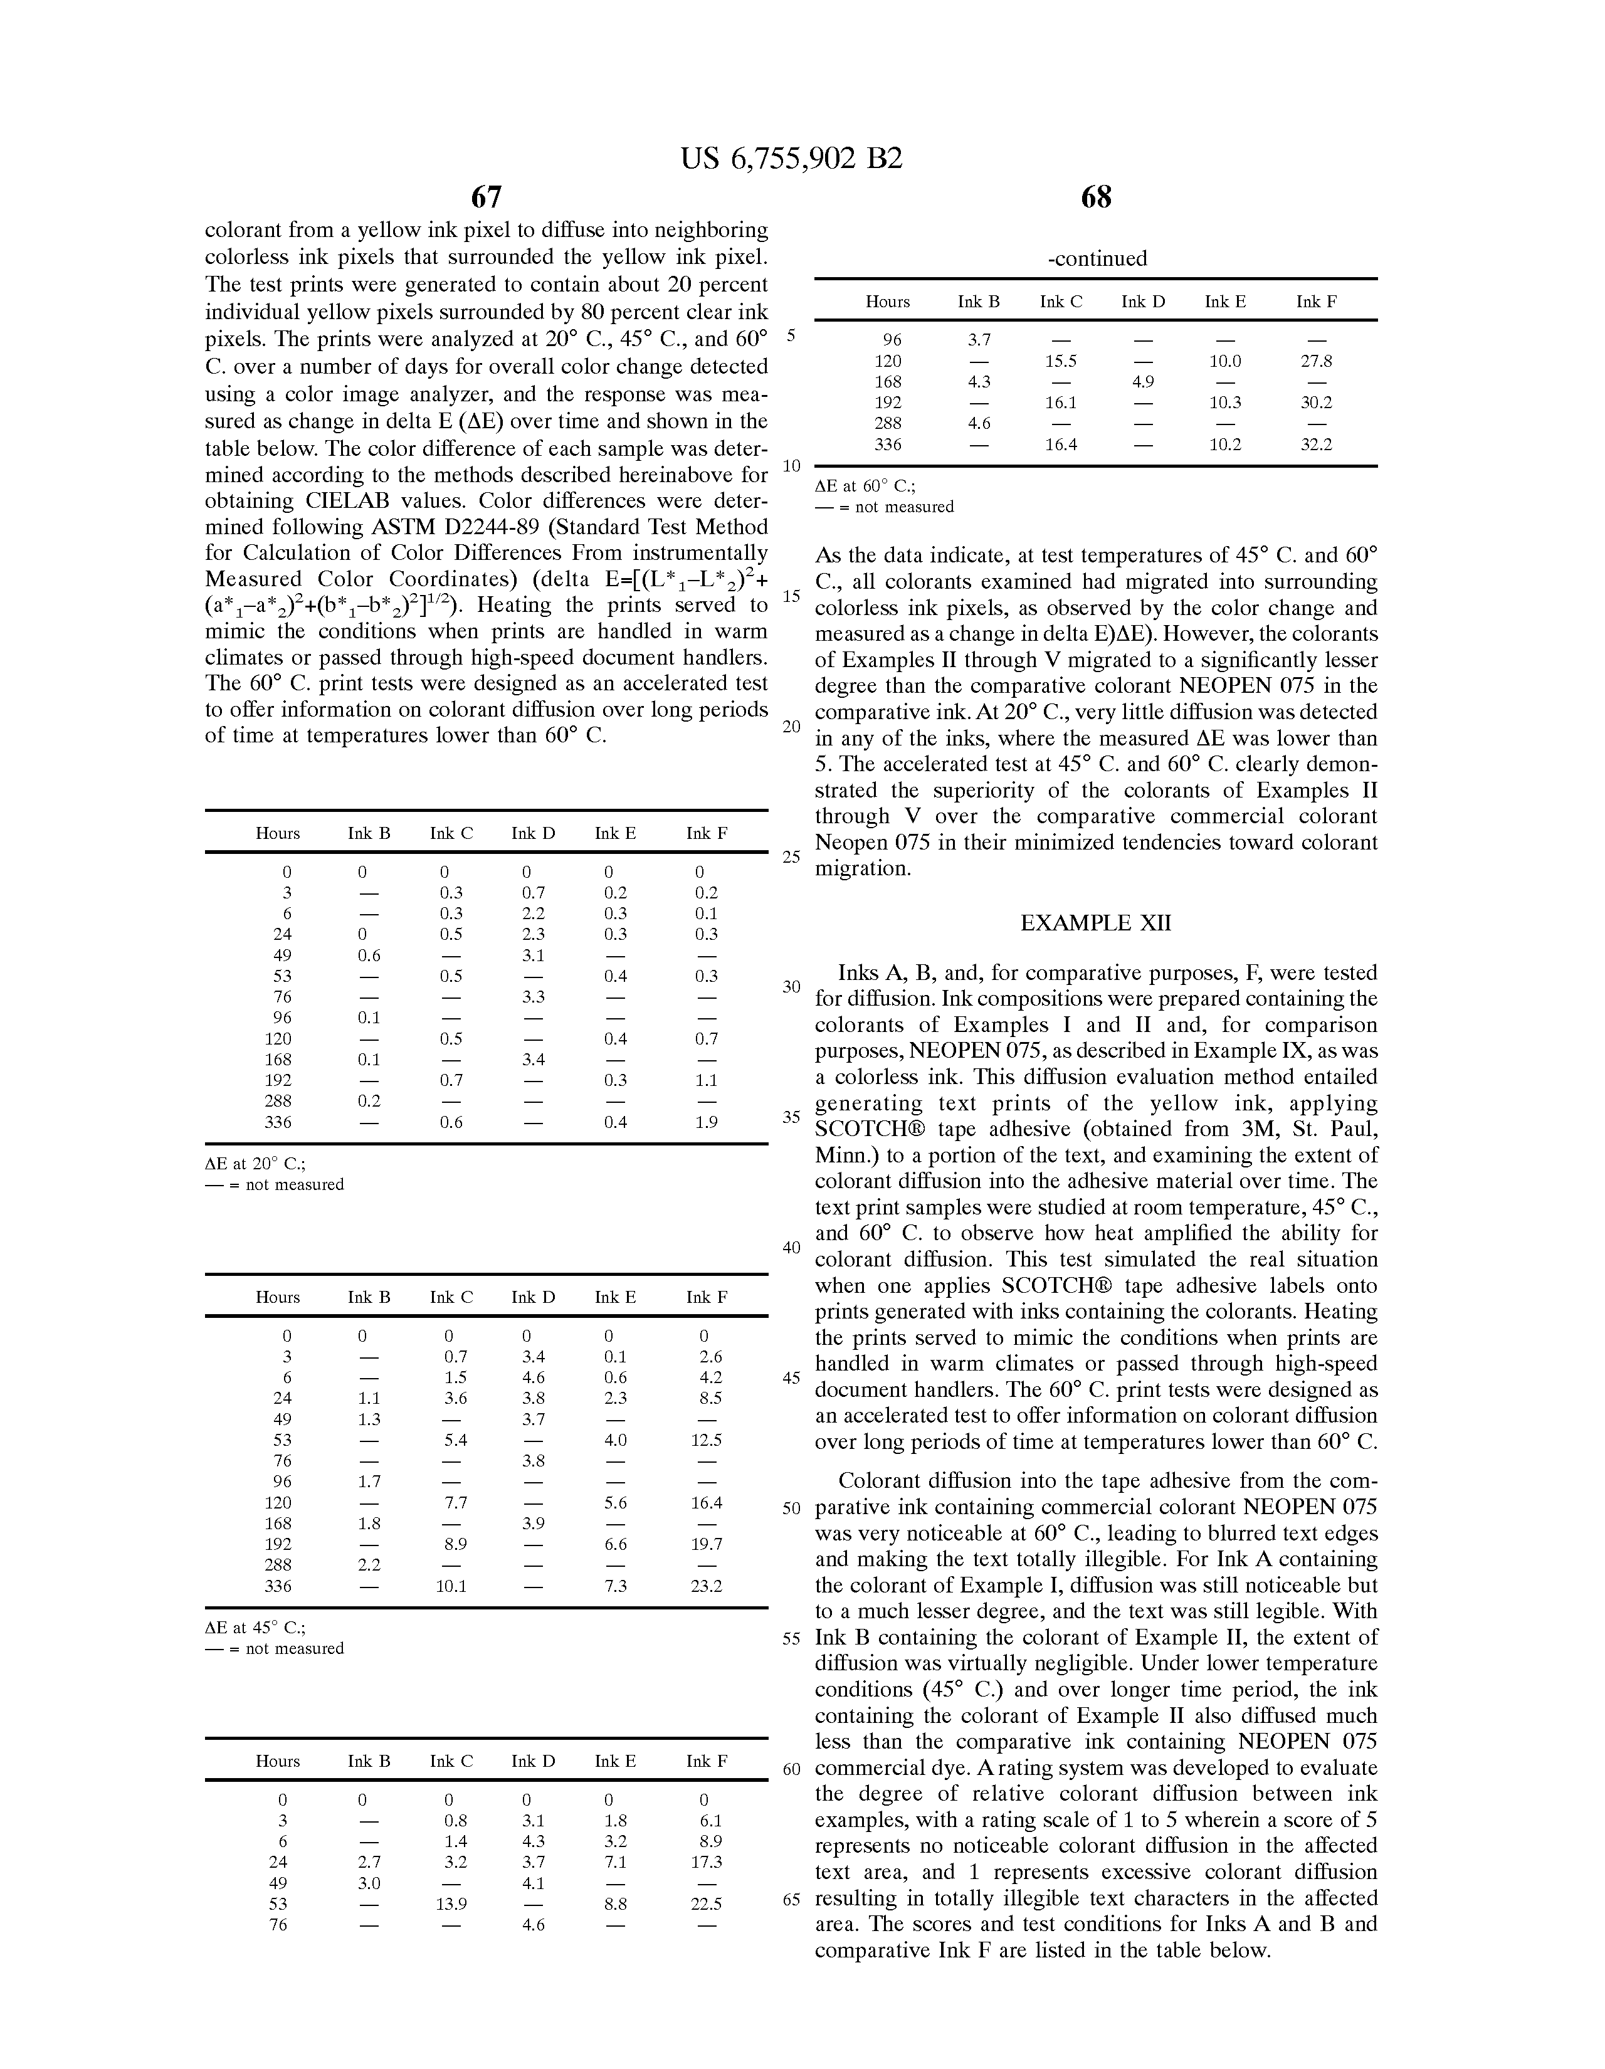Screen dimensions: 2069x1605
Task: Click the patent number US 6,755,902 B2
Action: (x=791, y=158)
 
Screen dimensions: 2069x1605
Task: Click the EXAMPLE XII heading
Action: (x=1095, y=923)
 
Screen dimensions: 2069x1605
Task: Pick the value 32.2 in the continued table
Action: (x=1316, y=445)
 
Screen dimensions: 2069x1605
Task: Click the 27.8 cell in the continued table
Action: (x=1316, y=361)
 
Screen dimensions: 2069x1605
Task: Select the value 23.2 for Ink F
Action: (x=706, y=1586)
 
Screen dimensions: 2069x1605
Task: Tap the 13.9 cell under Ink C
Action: (x=451, y=1904)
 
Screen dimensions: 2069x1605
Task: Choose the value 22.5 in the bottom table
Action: (x=706, y=1904)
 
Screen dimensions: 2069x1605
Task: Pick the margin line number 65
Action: (x=791, y=1898)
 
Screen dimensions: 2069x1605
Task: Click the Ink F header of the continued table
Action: (x=1316, y=301)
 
